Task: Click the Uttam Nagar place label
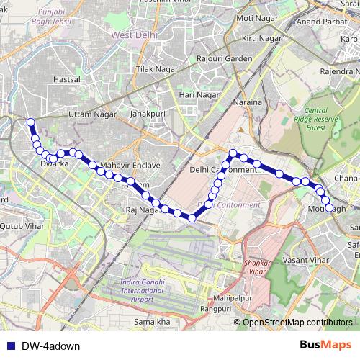tap(90, 114)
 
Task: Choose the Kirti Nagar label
tap(262, 37)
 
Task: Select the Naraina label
tap(247, 104)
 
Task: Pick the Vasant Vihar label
tap(305, 258)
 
